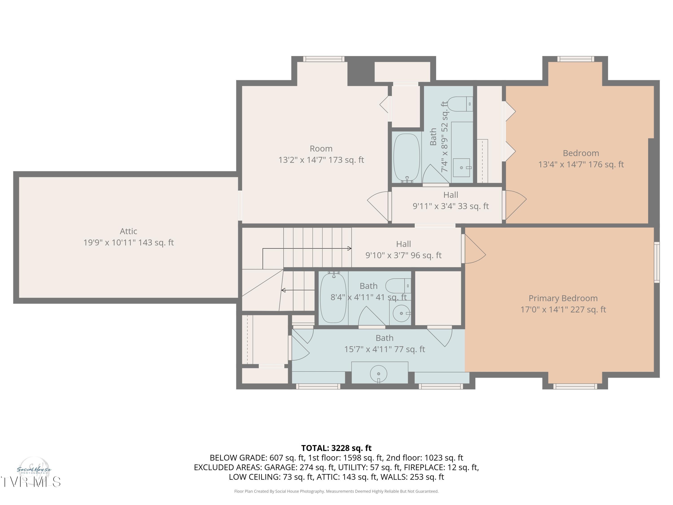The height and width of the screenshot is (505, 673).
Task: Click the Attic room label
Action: click(x=128, y=231)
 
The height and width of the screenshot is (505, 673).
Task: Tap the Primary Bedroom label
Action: click(x=563, y=298)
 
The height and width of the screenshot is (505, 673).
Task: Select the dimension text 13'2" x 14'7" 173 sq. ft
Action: click(x=321, y=160)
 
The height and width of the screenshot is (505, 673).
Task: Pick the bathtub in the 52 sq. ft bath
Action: click(x=406, y=157)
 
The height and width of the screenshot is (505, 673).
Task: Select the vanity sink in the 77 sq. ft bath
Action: click(x=378, y=373)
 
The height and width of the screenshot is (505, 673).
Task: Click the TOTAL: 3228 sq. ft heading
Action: click(x=336, y=448)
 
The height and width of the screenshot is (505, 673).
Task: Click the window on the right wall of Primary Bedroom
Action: click(x=657, y=262)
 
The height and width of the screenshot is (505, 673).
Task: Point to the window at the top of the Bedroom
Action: click(x=575, y=59)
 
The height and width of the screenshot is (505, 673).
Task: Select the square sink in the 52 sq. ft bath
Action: click(x=461, y=167)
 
